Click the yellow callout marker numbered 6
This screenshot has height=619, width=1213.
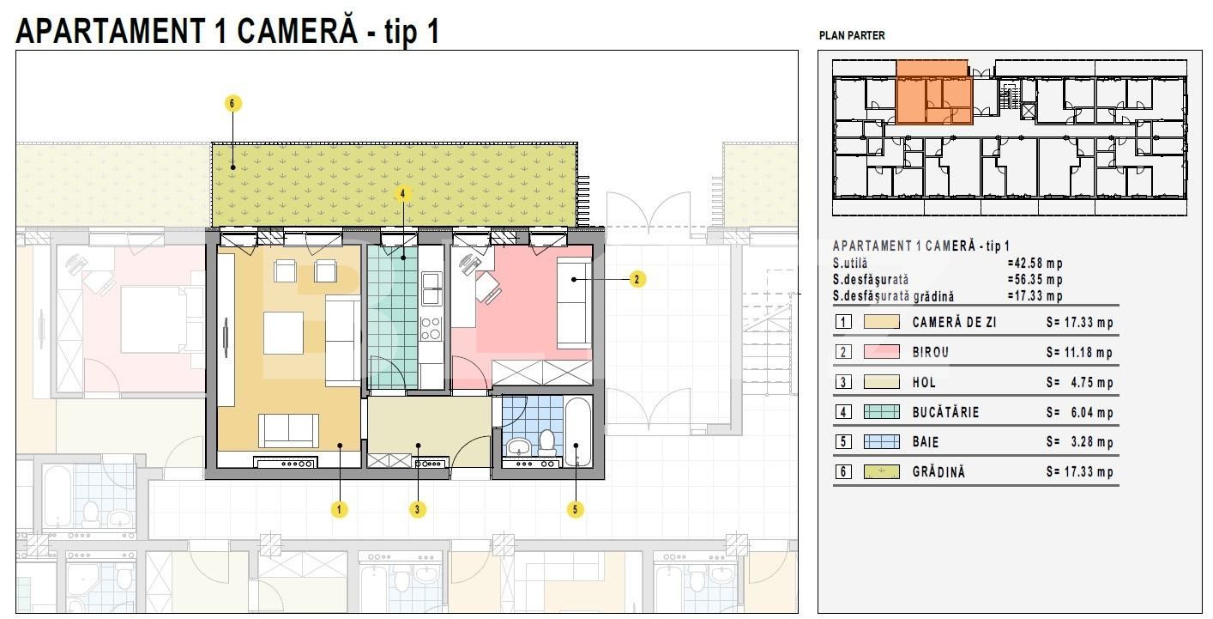(x=232, y=103)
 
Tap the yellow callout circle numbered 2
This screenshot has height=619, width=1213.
(x=637, y=279)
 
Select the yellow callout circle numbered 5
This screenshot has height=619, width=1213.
(x=575, y=509)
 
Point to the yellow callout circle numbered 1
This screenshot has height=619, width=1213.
(x=339, y=509)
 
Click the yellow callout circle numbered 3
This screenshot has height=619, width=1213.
(x=417, y=509)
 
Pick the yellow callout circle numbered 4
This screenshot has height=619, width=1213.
(x=402, y=193)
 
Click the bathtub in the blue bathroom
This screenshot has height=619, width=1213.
(x=578, y=433)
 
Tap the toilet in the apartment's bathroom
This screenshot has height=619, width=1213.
(x=547, y=442)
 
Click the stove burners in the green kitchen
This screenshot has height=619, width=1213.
(x=431, y=328)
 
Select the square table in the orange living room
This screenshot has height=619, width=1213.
(x=283, y=332)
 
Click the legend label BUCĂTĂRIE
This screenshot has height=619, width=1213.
(x=945, y=412)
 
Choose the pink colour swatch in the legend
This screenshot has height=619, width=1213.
(x=881, y=352)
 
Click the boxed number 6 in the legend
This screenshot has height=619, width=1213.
(x=843, y=471)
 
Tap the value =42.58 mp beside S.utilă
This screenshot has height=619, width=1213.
(x=1035, y=263)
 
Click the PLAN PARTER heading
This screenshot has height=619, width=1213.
(x=852, y=36)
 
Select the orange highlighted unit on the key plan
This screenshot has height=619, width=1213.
(x=933, y=92)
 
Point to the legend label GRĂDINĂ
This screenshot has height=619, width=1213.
(x=938, y=471)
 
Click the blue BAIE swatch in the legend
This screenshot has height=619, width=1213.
(x=881, y=442)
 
